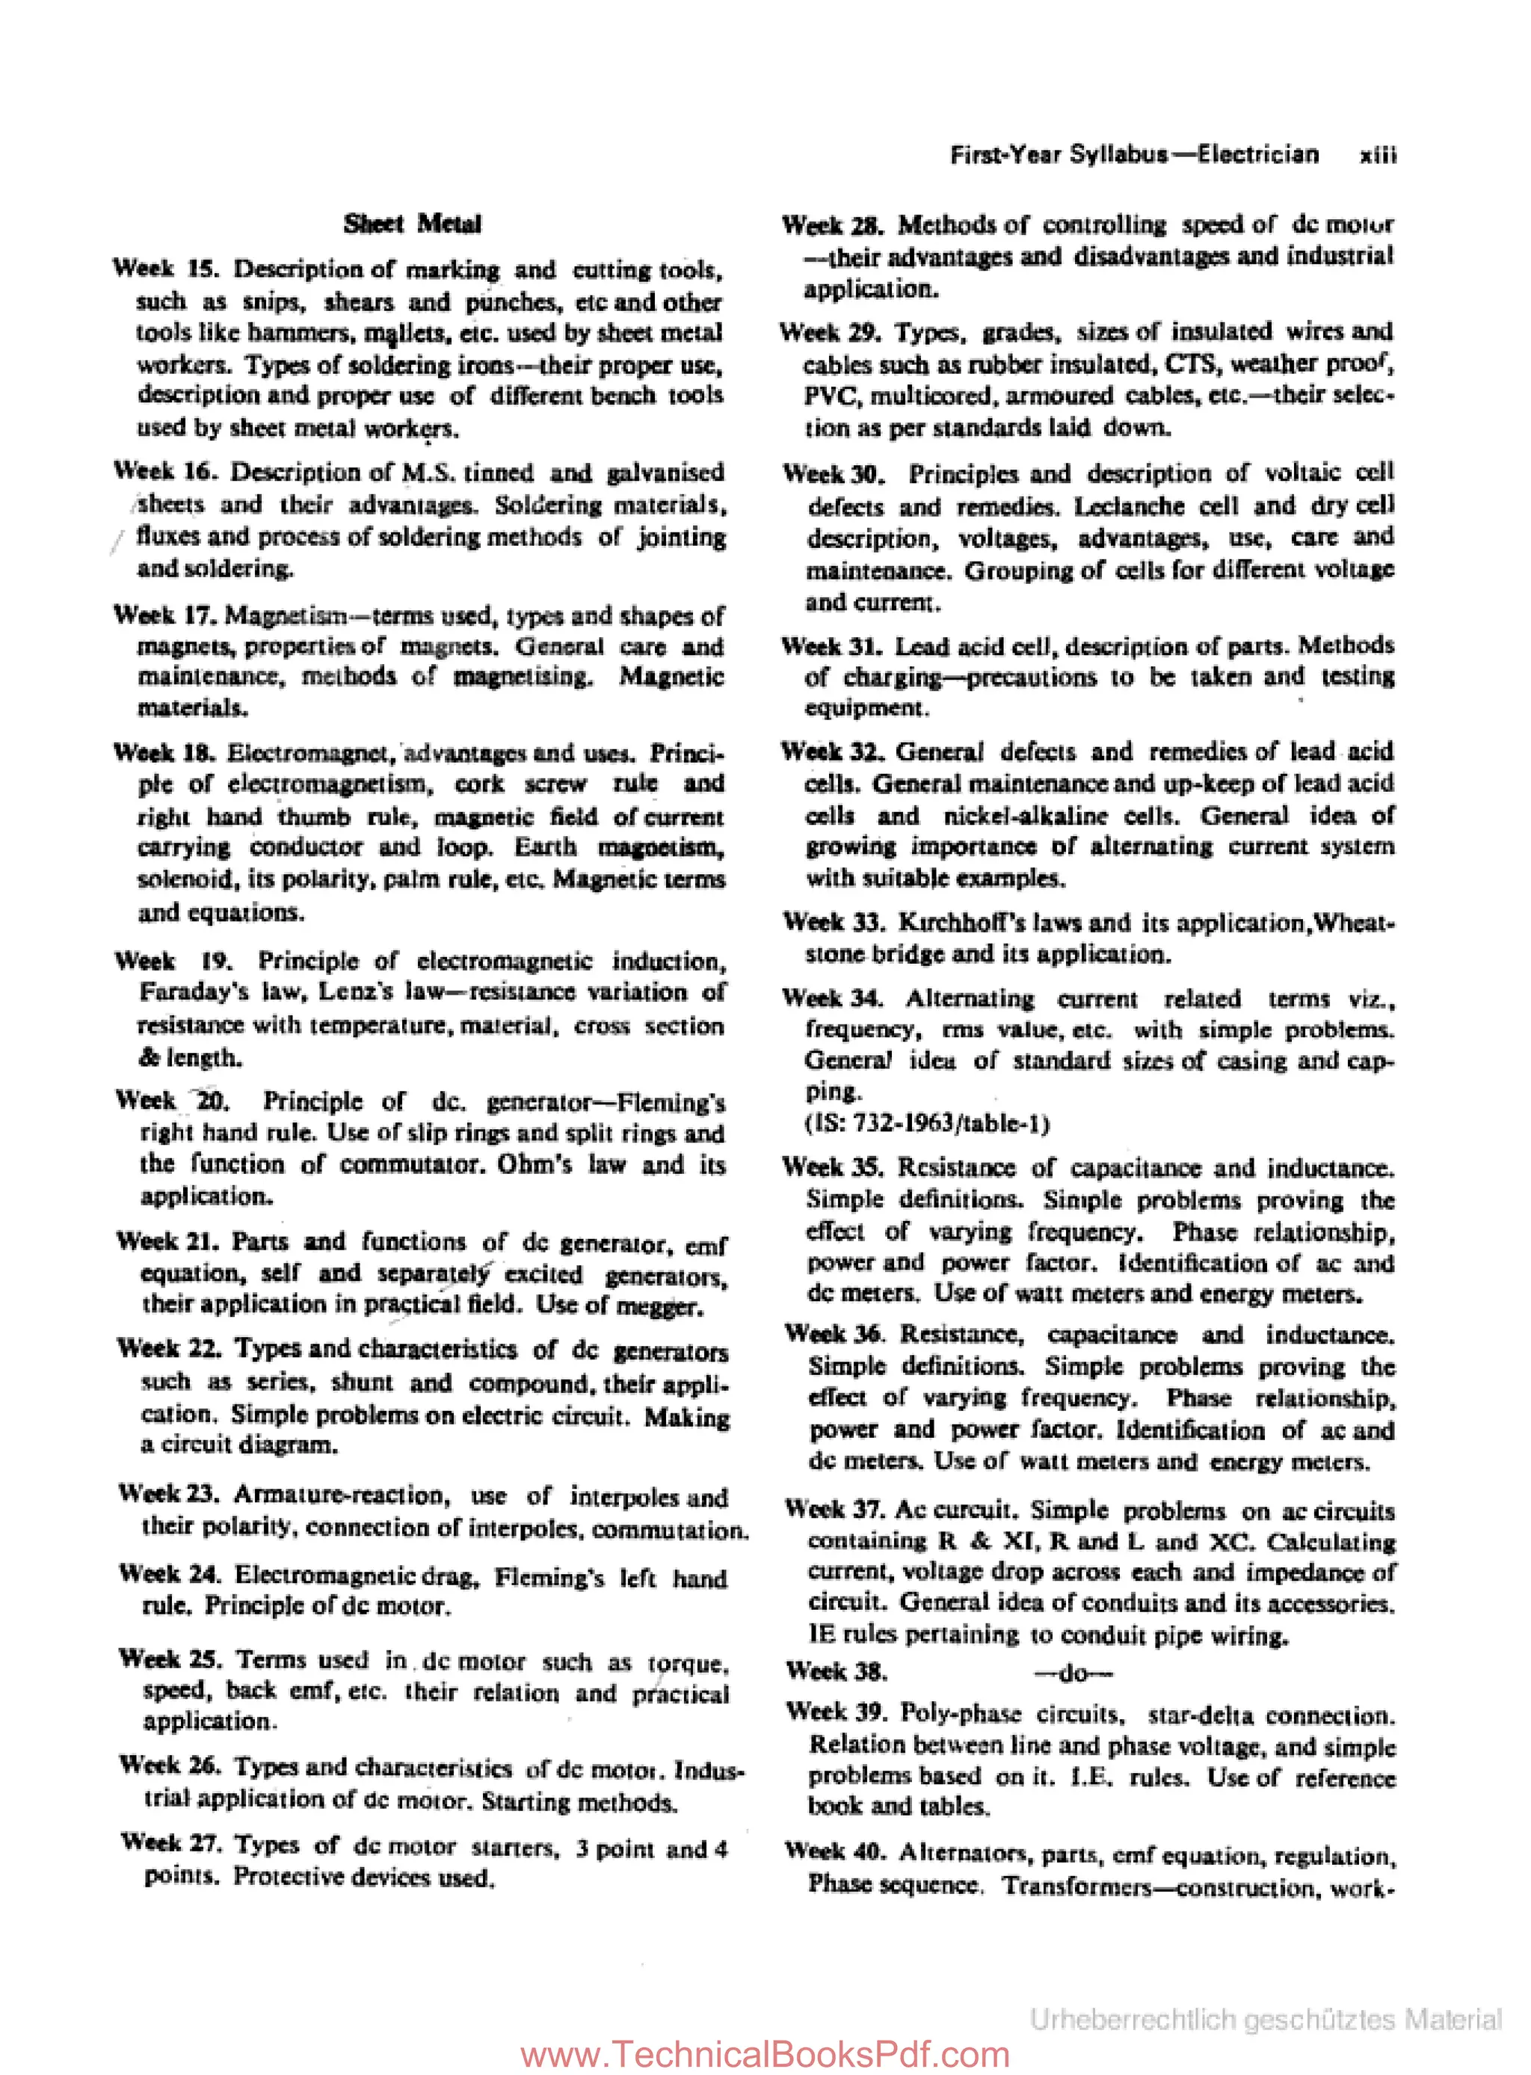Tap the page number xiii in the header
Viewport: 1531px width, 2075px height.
click(x=1377, y=155)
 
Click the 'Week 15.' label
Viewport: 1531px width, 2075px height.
click(x=166, y=268)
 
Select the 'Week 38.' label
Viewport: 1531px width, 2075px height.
click(x=836, y=1673)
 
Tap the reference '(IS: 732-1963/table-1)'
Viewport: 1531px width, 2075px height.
click(x=927, y=1124)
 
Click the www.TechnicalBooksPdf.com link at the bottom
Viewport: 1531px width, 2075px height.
click(x=765, y=2053)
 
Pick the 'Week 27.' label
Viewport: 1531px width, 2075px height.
click(x=171, y=1842)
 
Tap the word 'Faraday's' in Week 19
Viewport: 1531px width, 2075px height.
click(x=194, y=992)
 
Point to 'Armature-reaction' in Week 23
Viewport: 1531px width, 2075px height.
click(x=341, y=1495)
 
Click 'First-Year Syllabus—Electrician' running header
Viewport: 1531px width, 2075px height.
click(x=1133, y=154)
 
